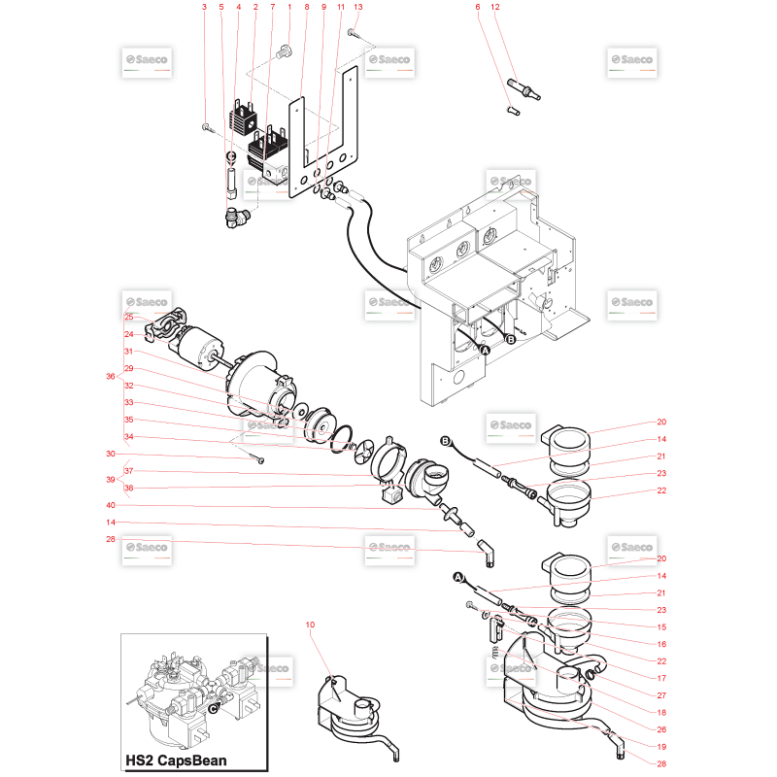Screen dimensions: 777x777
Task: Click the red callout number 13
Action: (x=358, y=7)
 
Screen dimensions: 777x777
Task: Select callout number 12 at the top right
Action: (x=495, y=7)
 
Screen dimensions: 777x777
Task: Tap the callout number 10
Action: (x=310, y=625)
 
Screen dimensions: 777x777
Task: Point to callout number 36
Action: (x=111, y=376)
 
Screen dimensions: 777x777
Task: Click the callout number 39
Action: (x=111, y=479)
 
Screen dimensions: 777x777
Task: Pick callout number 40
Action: (x=111, y=505)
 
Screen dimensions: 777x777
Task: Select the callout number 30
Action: (x=111, y=454)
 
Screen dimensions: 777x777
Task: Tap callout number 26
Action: (x=661, y=729)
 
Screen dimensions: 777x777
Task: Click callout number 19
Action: (x=661, y=747)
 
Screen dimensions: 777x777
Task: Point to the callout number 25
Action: (x=129, y=318)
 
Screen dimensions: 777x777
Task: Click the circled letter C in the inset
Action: (x=213, y=709)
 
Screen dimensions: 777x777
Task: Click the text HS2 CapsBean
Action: (x=176, y=760)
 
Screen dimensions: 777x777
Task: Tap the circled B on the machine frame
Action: (x=511, y=339)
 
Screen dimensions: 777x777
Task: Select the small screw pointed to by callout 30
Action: (x=259, y=459)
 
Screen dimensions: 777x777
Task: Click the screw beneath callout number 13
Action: (x=352, y=33)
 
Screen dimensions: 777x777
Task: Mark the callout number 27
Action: (x=661, y=695)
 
